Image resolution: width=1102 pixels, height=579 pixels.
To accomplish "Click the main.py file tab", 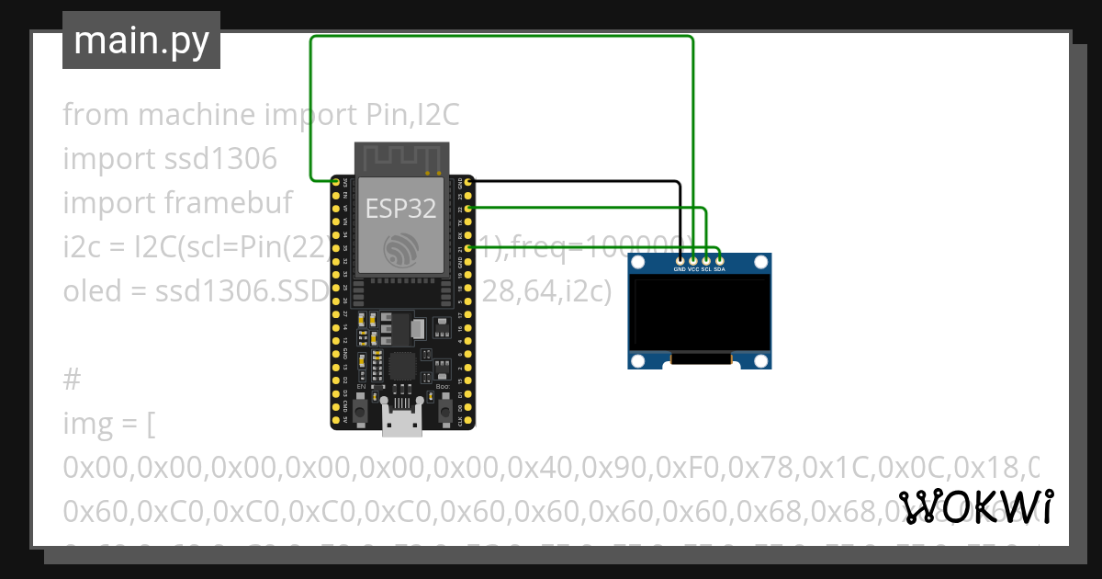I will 141,41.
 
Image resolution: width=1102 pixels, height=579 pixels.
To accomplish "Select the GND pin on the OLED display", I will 680,260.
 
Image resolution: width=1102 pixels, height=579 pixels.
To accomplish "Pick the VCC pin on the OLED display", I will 693,260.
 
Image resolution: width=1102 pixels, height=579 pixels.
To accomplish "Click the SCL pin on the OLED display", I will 706,260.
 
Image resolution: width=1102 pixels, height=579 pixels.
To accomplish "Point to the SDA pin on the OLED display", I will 719,260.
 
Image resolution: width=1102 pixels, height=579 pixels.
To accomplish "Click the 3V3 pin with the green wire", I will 336,183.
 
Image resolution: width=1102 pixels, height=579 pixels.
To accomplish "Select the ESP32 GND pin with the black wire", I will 469,183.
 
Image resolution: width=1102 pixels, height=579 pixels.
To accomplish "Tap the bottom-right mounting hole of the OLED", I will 759,358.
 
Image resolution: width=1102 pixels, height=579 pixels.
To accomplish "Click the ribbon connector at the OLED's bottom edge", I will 700,361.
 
